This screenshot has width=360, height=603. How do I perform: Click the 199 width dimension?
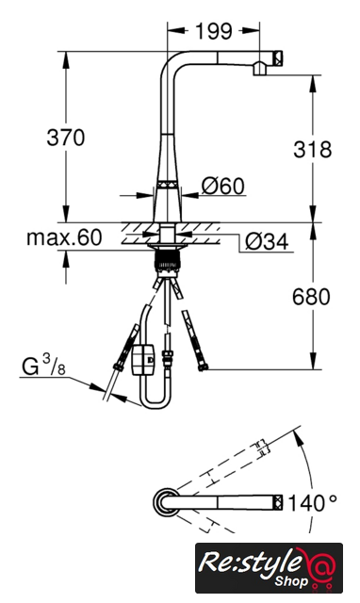click(x=214, y=31)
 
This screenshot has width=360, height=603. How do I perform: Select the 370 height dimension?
click(x=65, y=138)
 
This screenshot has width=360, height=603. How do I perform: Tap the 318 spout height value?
click(x=312, y=149)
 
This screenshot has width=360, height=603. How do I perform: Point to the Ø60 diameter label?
click(x=223, y=186)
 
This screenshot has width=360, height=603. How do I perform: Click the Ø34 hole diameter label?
click(x=267, y=242)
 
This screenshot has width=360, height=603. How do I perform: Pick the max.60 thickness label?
click(x=64, y=237)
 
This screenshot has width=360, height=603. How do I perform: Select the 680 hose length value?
click(x=311, y=297)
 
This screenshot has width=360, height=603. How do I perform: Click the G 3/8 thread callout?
click(x=43, y=365)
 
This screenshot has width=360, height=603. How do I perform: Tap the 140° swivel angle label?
click(x=312, y=502)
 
